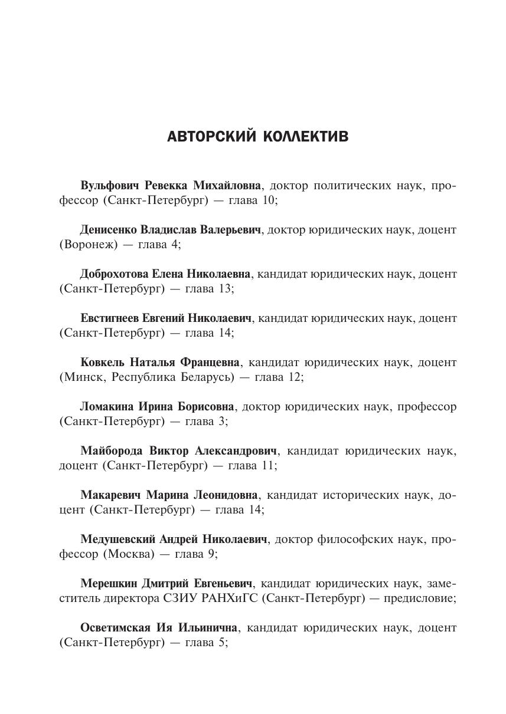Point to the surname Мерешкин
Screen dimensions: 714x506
pyautogui.click(x=108, y=584)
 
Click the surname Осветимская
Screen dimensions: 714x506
pyautogui.click(x=113, y=628)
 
